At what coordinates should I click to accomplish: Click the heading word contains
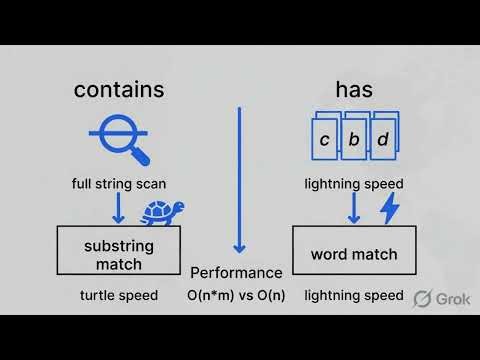118,90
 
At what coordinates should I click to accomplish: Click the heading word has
354,90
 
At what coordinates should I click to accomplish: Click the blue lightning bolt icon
389,209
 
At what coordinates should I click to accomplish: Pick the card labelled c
324,140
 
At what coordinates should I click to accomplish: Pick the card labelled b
353,140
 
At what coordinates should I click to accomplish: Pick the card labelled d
383,140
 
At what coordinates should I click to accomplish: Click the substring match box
119,254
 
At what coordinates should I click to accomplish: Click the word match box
353,254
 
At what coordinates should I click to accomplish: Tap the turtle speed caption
119,295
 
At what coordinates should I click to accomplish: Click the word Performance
236,272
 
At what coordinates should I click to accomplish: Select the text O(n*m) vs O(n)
236,295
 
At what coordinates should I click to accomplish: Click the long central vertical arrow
238,180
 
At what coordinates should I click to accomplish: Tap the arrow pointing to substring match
118,208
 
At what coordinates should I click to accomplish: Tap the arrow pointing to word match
353,208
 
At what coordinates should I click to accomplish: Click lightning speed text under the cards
353,184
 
